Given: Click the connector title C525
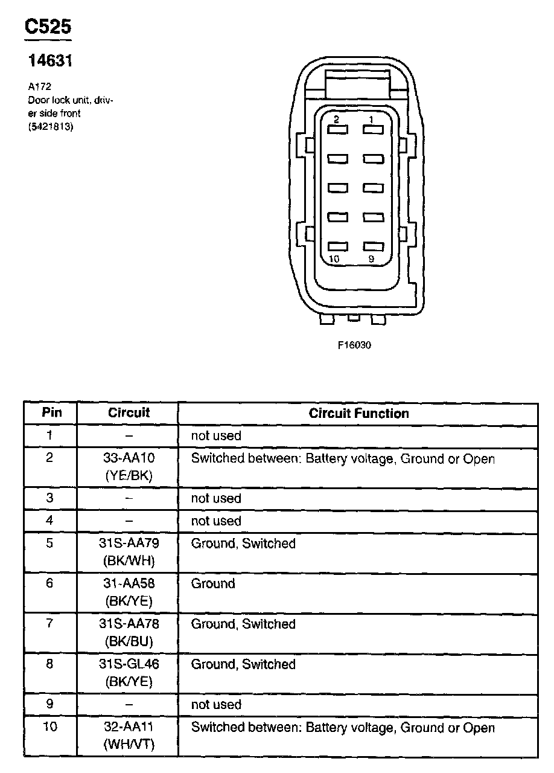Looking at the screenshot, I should click(48, 26).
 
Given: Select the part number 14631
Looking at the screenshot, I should click(51, 61).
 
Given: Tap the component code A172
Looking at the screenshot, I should click(39, 86).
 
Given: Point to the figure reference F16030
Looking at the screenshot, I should click(354, 346).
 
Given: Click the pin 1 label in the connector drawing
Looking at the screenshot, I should click(372, 120).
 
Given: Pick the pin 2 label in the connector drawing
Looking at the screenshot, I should click(336, 120).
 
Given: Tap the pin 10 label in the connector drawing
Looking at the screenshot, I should click(334, 259).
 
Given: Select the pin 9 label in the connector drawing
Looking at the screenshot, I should click(372, 259).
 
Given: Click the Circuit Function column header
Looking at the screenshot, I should click(358, 414).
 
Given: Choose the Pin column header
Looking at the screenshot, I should click(51, 413).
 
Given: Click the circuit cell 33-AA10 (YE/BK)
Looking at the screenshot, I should click(129, 467).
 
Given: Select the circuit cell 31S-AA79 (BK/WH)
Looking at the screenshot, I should click(129, 552).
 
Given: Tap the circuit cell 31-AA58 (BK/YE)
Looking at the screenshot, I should click(129, 592).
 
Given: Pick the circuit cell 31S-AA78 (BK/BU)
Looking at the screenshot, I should click(129, 632).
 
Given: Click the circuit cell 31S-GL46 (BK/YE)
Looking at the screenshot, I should click(129, 673).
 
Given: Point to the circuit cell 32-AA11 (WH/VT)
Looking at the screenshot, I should click(129, 736).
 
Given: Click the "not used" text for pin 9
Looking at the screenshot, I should click(216, 705).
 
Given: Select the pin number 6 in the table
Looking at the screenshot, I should click(50, 584).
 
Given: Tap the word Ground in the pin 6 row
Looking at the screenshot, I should click(213, 584).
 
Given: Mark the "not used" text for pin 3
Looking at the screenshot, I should click(216, 498).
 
